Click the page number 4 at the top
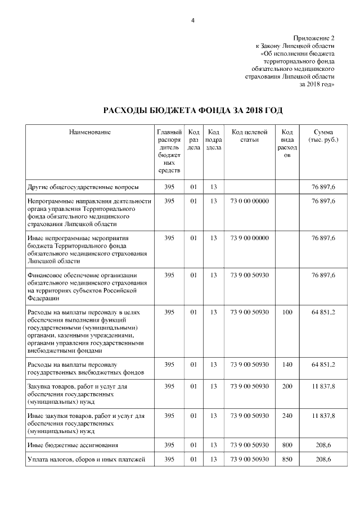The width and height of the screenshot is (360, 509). click(x=192, y=21)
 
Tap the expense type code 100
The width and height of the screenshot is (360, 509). click(x=287, y=311)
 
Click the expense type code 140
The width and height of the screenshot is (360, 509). click(x=287, y=365)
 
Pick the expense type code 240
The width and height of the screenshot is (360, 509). click(x=287, y=416)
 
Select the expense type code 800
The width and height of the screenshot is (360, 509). click(x=287, y=445)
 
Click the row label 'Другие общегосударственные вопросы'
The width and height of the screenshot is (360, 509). click(x=83, y=187)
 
